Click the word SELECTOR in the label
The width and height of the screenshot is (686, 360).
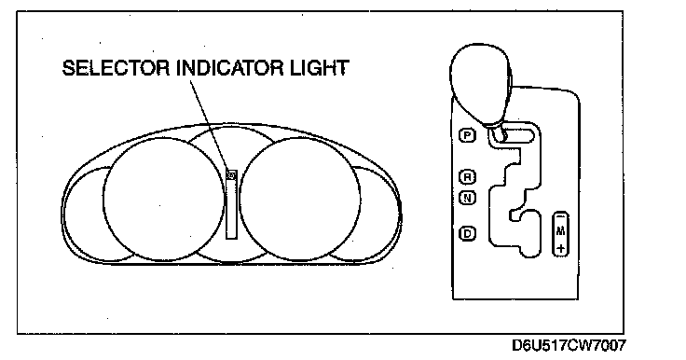click(x=116, y=68)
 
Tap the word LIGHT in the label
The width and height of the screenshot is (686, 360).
click(x=318, y=68)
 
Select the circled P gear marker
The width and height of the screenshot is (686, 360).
click(x=467, y=135)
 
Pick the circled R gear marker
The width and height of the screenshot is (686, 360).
click(x=467, y=177)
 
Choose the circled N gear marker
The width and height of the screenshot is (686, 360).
click(x=467, y=198)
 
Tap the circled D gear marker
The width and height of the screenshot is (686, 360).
click(x=467, y=233)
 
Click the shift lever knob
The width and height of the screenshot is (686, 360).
click(x=480, y=83)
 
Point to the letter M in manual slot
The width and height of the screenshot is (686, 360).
click(x=561, y=230)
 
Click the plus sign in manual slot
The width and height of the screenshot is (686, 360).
click(x=561, y=249)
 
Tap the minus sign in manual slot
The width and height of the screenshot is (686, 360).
click(x=561, y=216)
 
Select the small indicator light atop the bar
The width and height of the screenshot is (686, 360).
click(x=231, y=175)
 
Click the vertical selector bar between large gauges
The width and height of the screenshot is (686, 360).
click(x=231, y=205)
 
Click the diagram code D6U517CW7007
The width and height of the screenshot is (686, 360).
click(x=569, y=346)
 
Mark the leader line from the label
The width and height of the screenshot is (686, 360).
click(x=210, y=124)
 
